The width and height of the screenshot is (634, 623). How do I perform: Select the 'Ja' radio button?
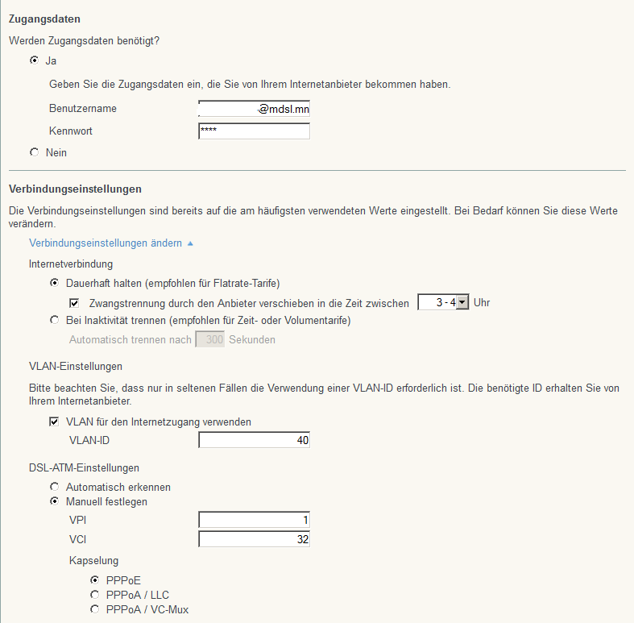pos(34,60)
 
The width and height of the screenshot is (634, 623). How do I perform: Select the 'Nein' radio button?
pos(34,152)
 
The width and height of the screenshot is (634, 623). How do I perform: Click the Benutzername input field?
pos(254,109)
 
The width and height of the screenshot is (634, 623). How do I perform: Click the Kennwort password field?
pos(254,131)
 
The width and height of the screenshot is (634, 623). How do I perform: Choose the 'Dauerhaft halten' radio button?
pos(54,283)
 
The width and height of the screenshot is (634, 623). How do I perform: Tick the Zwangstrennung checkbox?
pos(74,303)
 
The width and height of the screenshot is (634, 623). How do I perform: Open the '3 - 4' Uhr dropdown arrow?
pos(462,303)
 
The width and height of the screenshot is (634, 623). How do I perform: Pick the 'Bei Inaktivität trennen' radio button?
pos(54,320)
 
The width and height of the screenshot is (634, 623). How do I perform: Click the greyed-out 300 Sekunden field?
pos(210,339)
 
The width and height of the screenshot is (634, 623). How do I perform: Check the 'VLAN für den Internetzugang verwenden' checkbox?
pos(54,422)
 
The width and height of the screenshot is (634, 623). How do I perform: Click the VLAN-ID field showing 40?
pos(254,440)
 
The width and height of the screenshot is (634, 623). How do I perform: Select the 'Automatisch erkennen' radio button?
pos(54,487)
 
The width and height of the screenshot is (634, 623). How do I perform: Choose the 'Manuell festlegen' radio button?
pos(54,501)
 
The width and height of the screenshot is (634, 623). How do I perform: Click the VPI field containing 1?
pos(254,520)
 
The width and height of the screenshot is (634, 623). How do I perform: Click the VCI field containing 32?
pos(254,539)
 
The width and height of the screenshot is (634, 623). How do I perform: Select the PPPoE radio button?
pos(95,579)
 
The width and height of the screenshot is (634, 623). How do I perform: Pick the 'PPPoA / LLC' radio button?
pos(95,594)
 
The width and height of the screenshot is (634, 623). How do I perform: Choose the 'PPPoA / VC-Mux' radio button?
pos(95,609)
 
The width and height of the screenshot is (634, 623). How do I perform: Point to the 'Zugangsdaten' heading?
pos(44,18)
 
